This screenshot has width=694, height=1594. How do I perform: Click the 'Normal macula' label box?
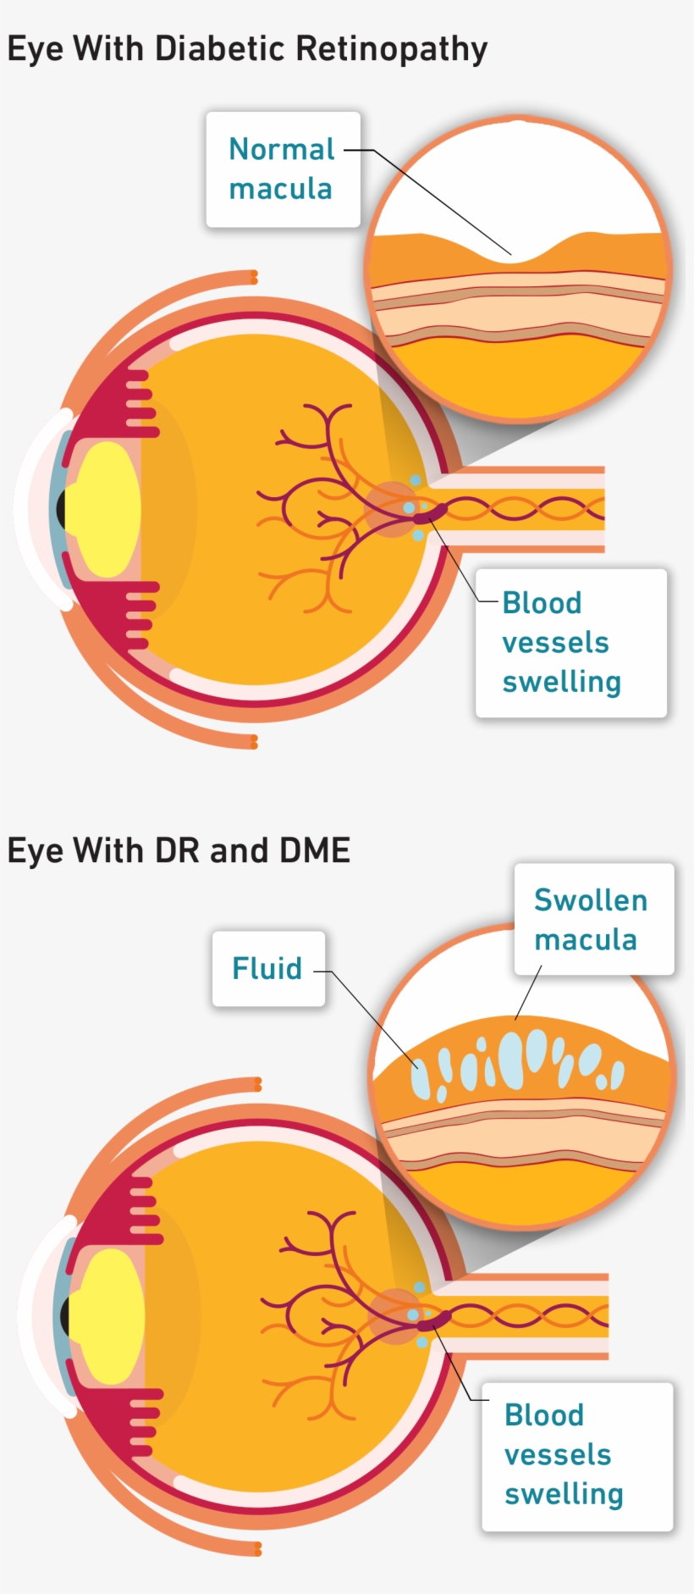point(283,169)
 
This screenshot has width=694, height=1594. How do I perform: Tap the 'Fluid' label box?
point(267,968)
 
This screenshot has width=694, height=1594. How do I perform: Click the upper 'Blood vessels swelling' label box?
point(570,643)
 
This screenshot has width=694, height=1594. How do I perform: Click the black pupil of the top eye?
point(61,509)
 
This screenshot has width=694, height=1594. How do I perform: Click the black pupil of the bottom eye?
point(65,1316)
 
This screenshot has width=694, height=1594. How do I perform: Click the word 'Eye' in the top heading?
point(35,50)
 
